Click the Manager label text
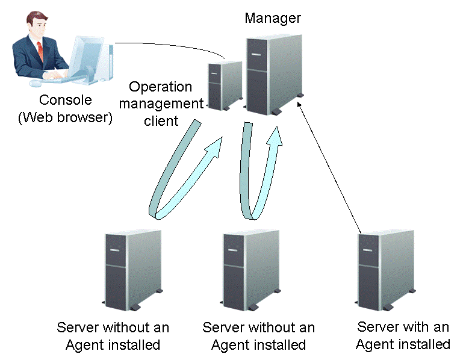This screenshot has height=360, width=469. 273,18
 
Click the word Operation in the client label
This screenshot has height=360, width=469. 160,87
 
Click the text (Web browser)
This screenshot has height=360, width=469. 65,117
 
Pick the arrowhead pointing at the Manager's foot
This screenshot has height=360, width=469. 299,104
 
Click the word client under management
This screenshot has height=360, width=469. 161,120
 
